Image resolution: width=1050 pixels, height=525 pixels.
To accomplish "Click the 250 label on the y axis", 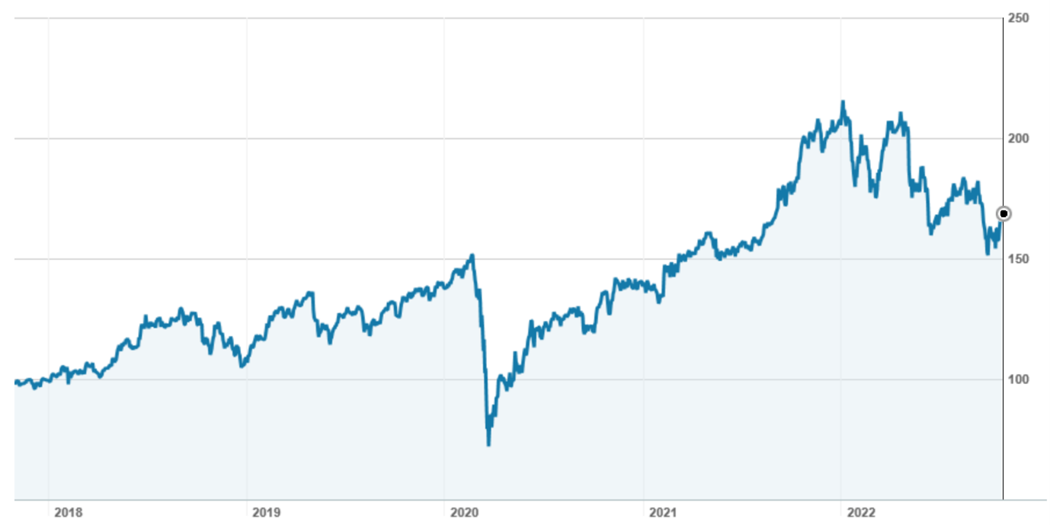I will click(x=1018, y=18).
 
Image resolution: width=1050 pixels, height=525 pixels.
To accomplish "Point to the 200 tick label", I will click(x=1018, y=138).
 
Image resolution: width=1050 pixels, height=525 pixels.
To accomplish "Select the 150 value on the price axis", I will click(x=1018, y=259).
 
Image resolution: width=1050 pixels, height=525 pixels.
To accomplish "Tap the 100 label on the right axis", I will click(x=1018, y=379).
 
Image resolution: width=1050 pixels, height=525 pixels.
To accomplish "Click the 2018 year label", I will click(x=69, y=511).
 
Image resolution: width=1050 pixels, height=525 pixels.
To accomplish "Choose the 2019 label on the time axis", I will click(x=267, y=511).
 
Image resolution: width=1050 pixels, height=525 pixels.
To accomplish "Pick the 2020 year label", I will click(x=464, y=511).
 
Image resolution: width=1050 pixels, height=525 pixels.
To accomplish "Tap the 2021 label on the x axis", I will click(x=663, y=511).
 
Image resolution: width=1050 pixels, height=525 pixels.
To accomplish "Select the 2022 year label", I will click(x=861, y=511).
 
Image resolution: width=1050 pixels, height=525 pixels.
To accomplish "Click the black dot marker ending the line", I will click(x=1004, y=213).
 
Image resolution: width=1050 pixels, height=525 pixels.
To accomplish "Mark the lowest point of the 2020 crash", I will click(x=488, y=444).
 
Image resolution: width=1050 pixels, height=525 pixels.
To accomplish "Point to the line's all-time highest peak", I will click(x=843, y=101).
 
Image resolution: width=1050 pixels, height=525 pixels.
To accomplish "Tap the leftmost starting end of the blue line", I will click(x=15, y=381).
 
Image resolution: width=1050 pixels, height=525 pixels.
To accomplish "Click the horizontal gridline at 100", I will click(x=305, y=379).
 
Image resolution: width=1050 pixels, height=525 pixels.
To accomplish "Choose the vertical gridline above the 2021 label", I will click(x=643, y=190).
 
